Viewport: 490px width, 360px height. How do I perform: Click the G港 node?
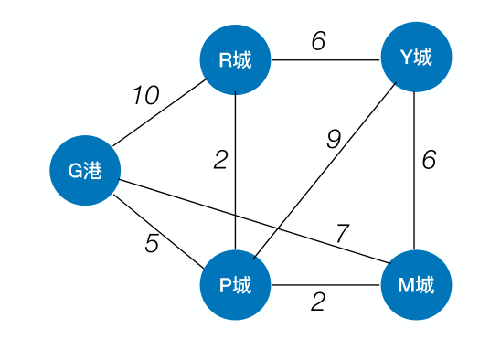[x=85, y=171]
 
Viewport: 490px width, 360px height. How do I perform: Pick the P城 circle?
[x=237, y=286]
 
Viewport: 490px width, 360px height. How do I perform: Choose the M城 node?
[x=416, y=286]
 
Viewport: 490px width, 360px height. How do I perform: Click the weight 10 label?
[x=145, y=95]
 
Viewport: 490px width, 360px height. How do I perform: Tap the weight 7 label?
[x=341, y=235]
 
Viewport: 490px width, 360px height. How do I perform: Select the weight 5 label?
[x=151, y=244]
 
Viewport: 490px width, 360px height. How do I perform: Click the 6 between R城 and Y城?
[x=318, y=42]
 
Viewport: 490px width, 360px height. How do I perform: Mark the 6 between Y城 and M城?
[x=429, y=159]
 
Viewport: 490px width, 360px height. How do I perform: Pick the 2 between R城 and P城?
[x=220, y=160]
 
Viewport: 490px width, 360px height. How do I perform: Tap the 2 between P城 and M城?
[x=317, y=302]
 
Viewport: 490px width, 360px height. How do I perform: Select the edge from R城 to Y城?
[x=326, y=60]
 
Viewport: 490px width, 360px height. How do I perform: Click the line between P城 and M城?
[x=326, y=286]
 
